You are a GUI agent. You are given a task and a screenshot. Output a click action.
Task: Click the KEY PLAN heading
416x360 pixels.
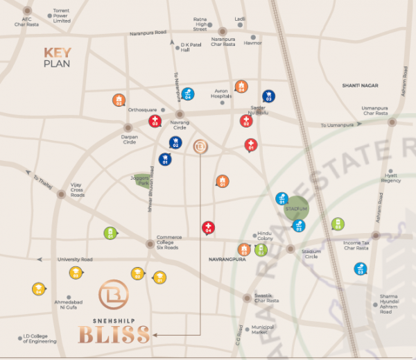58,58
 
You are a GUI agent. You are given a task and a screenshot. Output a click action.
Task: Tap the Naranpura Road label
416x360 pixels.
148,33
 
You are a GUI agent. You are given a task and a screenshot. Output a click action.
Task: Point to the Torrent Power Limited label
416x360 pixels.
62,17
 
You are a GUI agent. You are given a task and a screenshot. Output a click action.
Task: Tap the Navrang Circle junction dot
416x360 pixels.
179,114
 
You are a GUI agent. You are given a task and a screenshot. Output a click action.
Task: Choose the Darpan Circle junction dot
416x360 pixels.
128,127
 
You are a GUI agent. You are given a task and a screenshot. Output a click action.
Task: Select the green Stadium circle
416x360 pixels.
296,209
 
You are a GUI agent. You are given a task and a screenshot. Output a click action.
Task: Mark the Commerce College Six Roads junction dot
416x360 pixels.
150,244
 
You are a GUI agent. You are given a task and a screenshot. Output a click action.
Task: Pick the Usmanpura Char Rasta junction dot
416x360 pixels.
392,121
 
